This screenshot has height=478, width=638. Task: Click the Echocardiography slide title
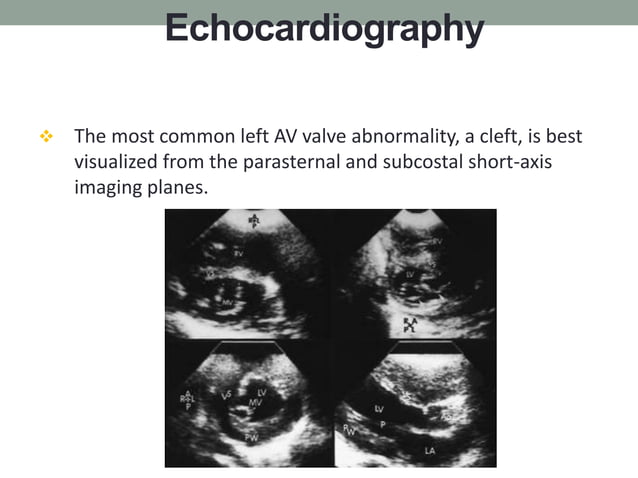323,28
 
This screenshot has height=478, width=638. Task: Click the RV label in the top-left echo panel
239,254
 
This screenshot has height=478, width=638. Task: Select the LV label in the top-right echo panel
409,272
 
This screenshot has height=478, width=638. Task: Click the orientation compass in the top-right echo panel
410,323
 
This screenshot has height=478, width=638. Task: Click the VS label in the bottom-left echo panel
226,394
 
